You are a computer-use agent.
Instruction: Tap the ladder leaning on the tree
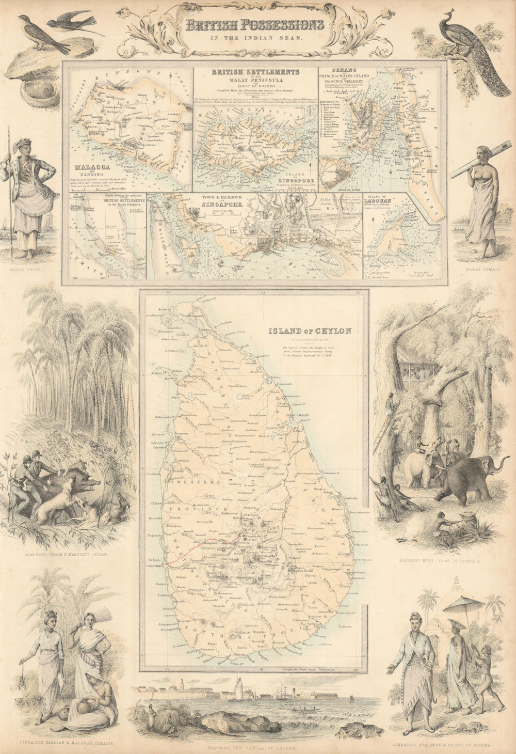pyautogui.click(x=381, y=428)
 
